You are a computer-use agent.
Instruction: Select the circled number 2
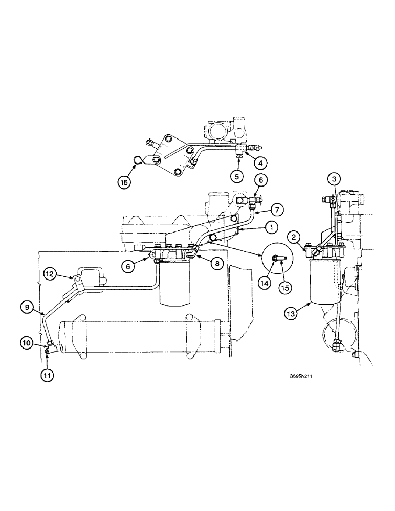point(294,237)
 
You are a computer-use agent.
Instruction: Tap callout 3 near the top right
point(333,179)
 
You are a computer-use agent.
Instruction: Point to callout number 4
point(260,164)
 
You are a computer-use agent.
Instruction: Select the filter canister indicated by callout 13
point(324,281)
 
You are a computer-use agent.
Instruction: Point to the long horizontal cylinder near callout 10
point(138,337)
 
